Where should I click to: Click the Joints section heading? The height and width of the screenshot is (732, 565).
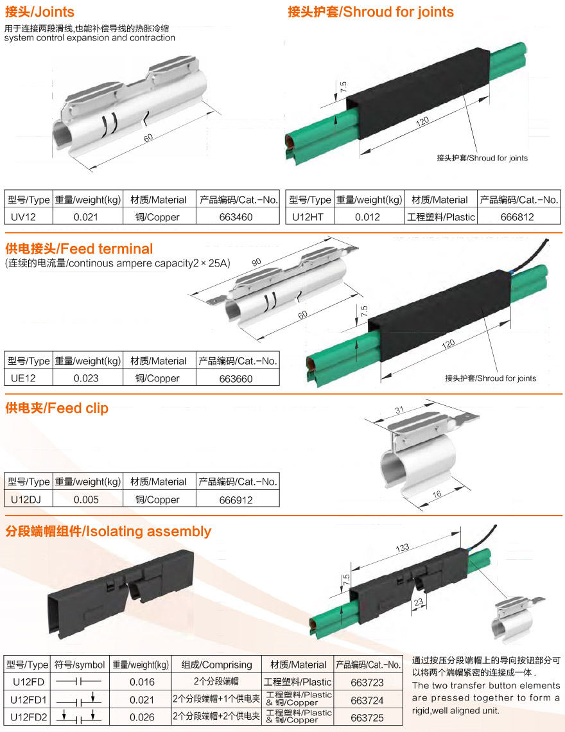click(40, 12)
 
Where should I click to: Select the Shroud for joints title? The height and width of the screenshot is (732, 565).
click(370, 12)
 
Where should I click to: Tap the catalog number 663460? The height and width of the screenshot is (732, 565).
click(236, 217)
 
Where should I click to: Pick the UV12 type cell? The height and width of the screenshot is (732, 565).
click(23, 217)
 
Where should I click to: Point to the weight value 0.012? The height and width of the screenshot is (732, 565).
click(367, 217)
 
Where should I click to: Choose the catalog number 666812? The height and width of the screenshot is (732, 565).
click(517, 217)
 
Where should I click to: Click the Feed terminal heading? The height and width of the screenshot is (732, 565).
click(79, 249)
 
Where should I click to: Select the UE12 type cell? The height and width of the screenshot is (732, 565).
click(23, 378)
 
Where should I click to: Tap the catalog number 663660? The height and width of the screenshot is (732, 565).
click(236, 379)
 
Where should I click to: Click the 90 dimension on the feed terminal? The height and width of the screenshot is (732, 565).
click(256, 262)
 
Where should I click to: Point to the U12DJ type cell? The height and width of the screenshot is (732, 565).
click(26, 500)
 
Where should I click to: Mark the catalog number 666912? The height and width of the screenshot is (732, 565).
click(236, 500)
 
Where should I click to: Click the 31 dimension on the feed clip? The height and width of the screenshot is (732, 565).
click(399, 410)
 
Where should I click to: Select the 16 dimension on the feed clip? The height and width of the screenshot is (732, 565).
click(437, 494)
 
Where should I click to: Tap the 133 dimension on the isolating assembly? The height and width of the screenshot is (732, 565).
click(403, 548)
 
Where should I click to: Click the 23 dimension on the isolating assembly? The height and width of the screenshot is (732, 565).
click(419, 602)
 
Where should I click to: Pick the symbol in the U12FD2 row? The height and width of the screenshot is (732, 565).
click(79, 717)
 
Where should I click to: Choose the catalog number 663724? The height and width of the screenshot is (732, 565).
click(367, 701)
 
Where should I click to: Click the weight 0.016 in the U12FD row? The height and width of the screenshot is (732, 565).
click(142, 682)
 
